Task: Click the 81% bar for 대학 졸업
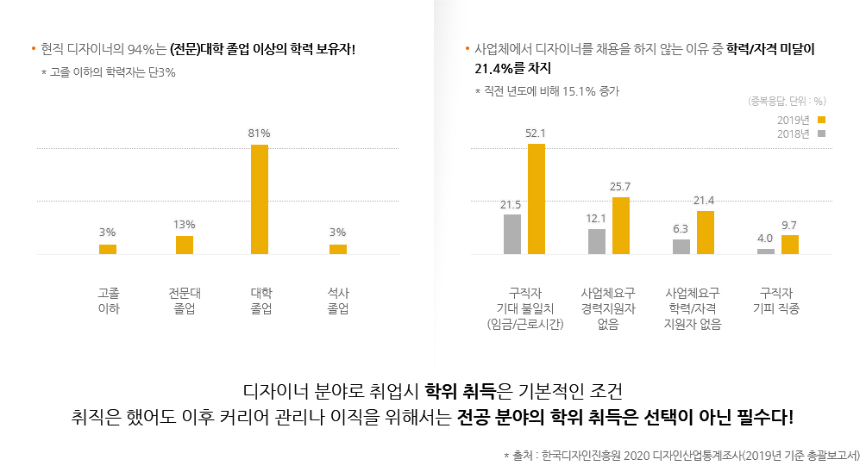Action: pyautogui.click(x=260, y=199)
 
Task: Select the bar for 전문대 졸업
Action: pyautogui.click(x=185, y=245)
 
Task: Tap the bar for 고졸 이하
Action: pyautogui.click(x=108, y=249)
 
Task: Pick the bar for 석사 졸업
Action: pyautogui.click(x=338, y=249)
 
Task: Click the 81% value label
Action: pyautogui.click(x=259, y=134)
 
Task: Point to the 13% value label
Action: pyautogui.click(x=184, y=225)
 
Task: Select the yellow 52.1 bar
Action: pyautogui.click(x=537, y=199)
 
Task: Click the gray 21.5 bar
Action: pyautogui.click(x=512, y=234)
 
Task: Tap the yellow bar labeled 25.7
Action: pyautogui.click(x=621, y=226)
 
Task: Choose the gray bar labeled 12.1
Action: pyautogui.click(x=597, y=241)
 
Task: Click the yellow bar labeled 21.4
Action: pyautogui.click(x=706, y=233)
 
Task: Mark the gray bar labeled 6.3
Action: pyautogui.click(x=681, y=246)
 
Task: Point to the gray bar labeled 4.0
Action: pyautogui.click(x=766, y=251)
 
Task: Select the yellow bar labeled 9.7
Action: pyautogui.click(x=790, y=245)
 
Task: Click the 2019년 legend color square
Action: pyautogui.click(x=822, y=120)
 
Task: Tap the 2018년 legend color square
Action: pyautogui.click(x=822, y=134)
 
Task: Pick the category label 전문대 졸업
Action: pyautogui.click(x=185, y=300)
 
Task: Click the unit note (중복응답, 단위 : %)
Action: pyautogui.click(x=788, y=101)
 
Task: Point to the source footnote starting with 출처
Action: pyautogui.click(x=681, y=454)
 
